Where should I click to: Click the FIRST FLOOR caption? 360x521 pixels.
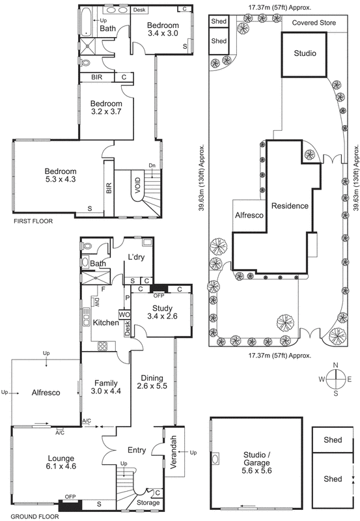click(x=32, y=221)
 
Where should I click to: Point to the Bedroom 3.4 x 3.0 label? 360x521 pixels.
click(x=162, y=29)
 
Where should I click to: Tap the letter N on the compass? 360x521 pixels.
click(x=335, y=365)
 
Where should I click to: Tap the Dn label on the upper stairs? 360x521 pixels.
click(x=152, y=165)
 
